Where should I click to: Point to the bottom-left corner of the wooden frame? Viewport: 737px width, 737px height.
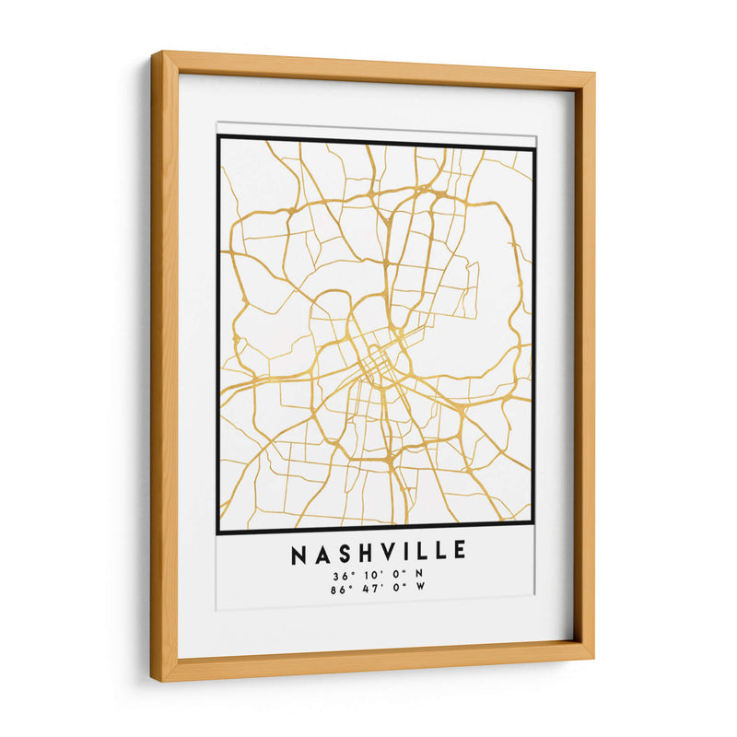(154, 680)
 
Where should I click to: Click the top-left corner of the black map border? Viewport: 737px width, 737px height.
(219, 138)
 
